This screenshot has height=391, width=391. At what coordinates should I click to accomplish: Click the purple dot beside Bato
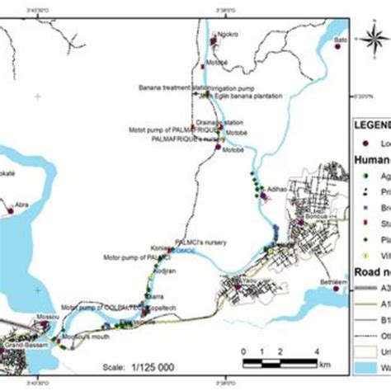(337, 47)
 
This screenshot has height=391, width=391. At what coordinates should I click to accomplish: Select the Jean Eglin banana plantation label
(240, 96)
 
